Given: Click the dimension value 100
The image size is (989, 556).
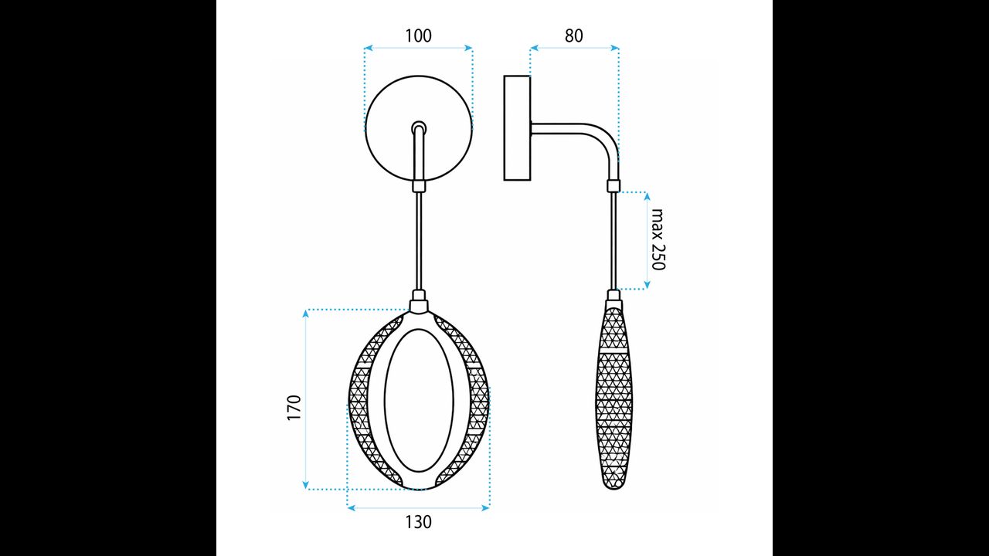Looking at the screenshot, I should [x=418, y=36].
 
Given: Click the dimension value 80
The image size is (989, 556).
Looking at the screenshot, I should [x=573, y=36].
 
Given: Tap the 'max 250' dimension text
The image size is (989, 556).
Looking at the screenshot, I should [x=658, y=239].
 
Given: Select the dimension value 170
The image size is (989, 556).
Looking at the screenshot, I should [x=294, y=407].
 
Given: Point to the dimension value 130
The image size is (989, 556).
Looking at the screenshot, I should [x=418, y=522].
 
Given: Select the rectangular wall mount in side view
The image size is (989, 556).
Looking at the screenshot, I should [x=517, y=127].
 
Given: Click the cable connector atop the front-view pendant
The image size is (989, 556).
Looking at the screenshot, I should [x=418, y=297].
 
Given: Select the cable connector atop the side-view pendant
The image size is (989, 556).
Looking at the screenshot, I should [x=613, y=297].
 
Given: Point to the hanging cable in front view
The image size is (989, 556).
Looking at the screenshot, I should [x=418, y=239].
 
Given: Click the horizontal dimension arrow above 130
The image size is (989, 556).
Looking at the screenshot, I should [x=418, y=507].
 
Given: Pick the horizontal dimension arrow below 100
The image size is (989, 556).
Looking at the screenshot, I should [x=418, y=48].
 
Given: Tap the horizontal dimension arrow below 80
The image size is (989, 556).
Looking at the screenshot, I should [x=574, y=48].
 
